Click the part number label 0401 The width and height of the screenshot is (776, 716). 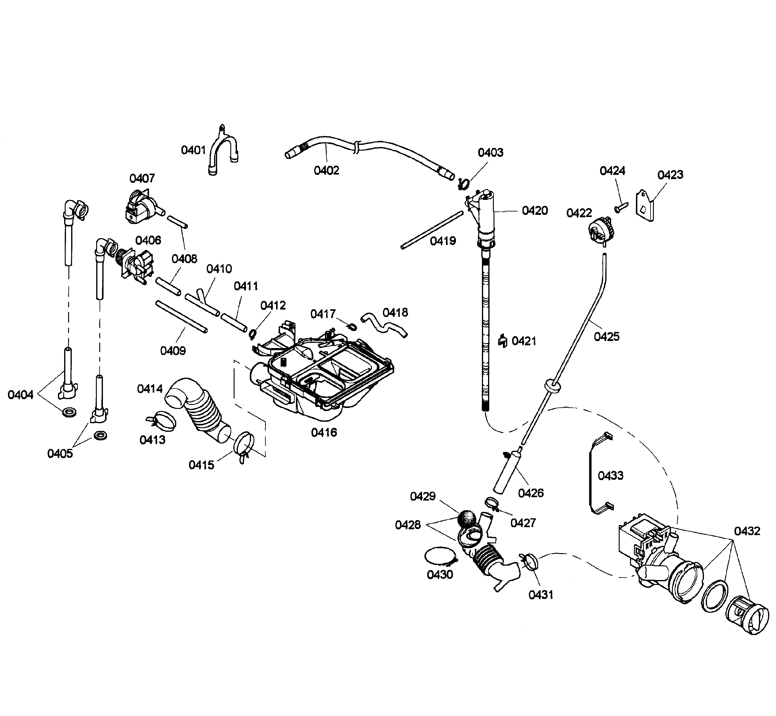point(193,150)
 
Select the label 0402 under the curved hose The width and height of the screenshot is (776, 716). point(326,170)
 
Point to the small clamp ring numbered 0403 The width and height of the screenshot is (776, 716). point(463,183)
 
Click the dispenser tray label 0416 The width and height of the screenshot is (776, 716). point(324,432)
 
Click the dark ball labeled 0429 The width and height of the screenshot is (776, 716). point(467,518)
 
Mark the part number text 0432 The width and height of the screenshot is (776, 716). point(747,531)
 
